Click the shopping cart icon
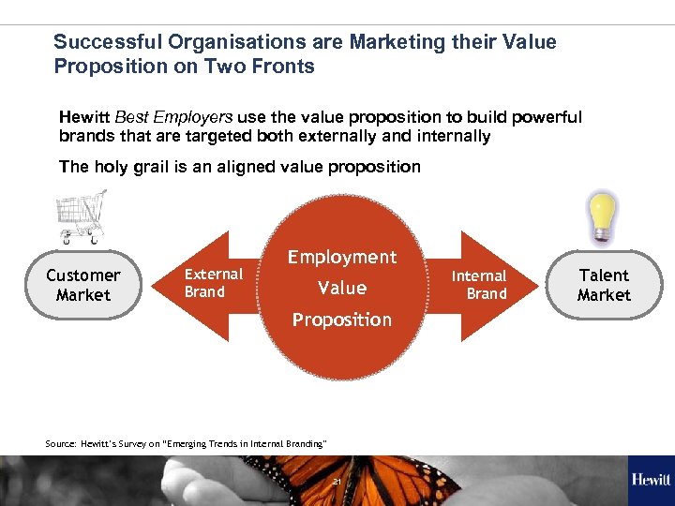(x=81, y=216)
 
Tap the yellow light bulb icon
(x=603, y=216)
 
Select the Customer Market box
(x=83, y=285)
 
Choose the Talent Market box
(x=604, y=285)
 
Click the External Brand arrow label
(x=213, y=283)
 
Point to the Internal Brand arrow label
(x=479, y=285)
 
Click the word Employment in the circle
(x=342, y=257)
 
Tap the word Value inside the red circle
(x=342, y=288)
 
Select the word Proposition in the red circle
(x=342, y=320)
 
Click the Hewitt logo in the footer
(x=651, y=481)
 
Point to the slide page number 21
(x=337, y=482)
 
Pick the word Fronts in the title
(x=287, y=67)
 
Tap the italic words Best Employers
(x=173, y=117)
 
